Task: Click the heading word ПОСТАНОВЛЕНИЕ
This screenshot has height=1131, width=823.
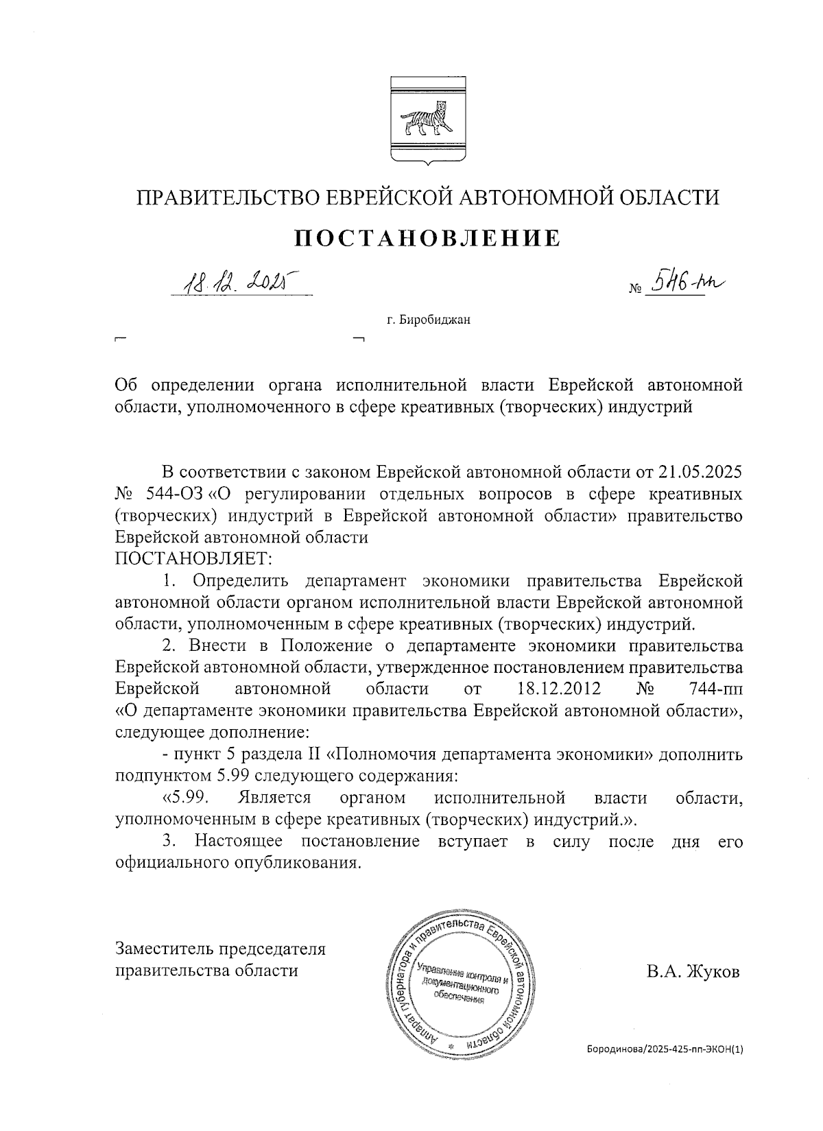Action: point(427,238)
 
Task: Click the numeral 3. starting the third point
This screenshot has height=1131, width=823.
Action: point(169,841)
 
